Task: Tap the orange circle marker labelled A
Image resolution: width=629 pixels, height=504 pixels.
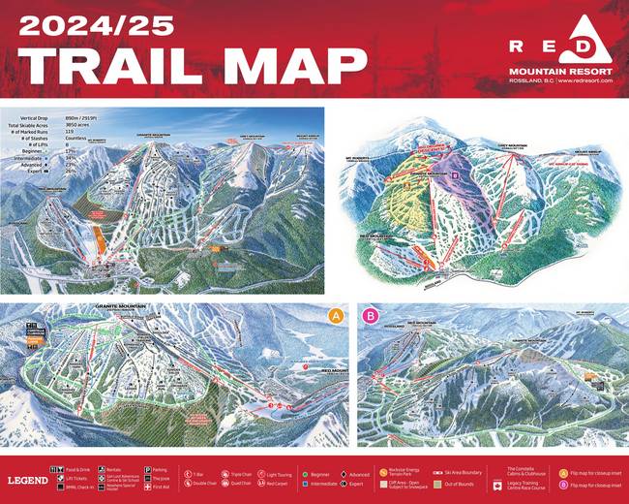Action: (336, 316)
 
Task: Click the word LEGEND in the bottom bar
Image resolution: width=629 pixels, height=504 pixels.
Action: (27, 480)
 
